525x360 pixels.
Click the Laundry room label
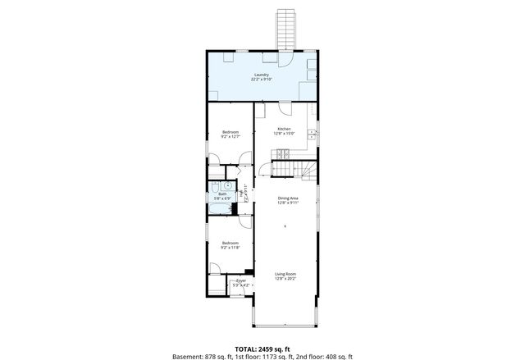tap(262, 75)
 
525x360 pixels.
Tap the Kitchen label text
tap(284, 129)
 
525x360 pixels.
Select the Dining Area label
tap(287, 198)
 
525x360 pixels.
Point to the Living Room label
tap(285, 274)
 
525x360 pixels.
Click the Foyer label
tap(241, 281)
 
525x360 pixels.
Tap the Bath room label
tap(222, 194)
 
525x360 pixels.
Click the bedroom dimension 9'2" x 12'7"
tap(230, 137)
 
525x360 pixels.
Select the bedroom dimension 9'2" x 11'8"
tap(230, 247)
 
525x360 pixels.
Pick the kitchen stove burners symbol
tap(281, 153)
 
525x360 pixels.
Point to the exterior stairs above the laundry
tap(285, 30)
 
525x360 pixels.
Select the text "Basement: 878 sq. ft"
tap(200, 357)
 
